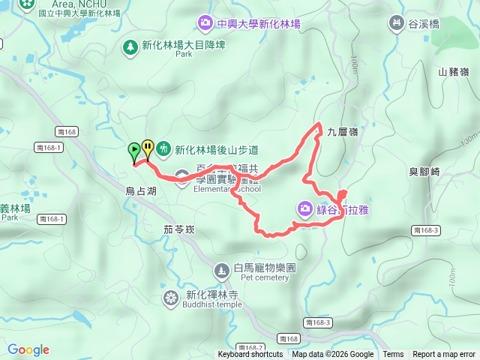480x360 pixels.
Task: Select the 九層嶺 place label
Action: (x=343, y=132)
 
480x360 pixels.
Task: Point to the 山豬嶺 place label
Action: (x=453, y=72)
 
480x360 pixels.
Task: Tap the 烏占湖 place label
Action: (x=140, y=191)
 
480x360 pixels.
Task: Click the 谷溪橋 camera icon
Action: (x=395, y=24)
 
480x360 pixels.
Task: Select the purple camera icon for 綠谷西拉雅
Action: (x=305, y=208)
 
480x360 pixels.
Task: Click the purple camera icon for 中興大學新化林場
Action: (x=204, y=24)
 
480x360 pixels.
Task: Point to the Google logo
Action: (x=28, y=349)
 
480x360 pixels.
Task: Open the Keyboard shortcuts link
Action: (x=250, y=355)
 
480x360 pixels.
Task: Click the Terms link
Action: (x=393, y=355)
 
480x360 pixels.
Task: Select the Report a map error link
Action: (x=445, y=355)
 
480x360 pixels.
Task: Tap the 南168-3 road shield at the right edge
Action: (x=425, y=230)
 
